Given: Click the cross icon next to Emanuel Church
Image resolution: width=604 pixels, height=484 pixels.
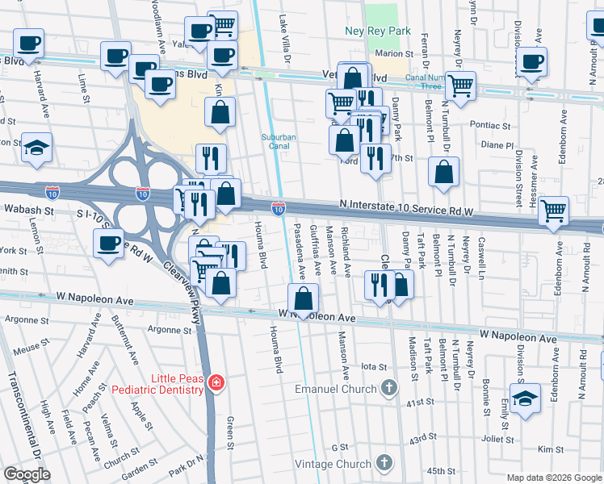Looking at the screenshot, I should [x=388, y=388].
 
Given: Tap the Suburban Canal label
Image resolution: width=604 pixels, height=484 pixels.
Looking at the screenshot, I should [x=279, y=142].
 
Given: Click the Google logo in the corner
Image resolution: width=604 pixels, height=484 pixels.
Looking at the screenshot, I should [x=27, y=474].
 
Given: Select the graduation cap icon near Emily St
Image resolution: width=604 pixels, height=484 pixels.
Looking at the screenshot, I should [x=525, y=398].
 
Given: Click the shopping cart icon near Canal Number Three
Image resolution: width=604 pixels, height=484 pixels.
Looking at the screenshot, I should [x=460, y=84].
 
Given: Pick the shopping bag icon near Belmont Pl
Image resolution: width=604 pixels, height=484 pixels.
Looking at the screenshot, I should [x=443, y=171].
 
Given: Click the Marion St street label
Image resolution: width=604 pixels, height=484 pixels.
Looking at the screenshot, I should [x=394, y=54].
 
